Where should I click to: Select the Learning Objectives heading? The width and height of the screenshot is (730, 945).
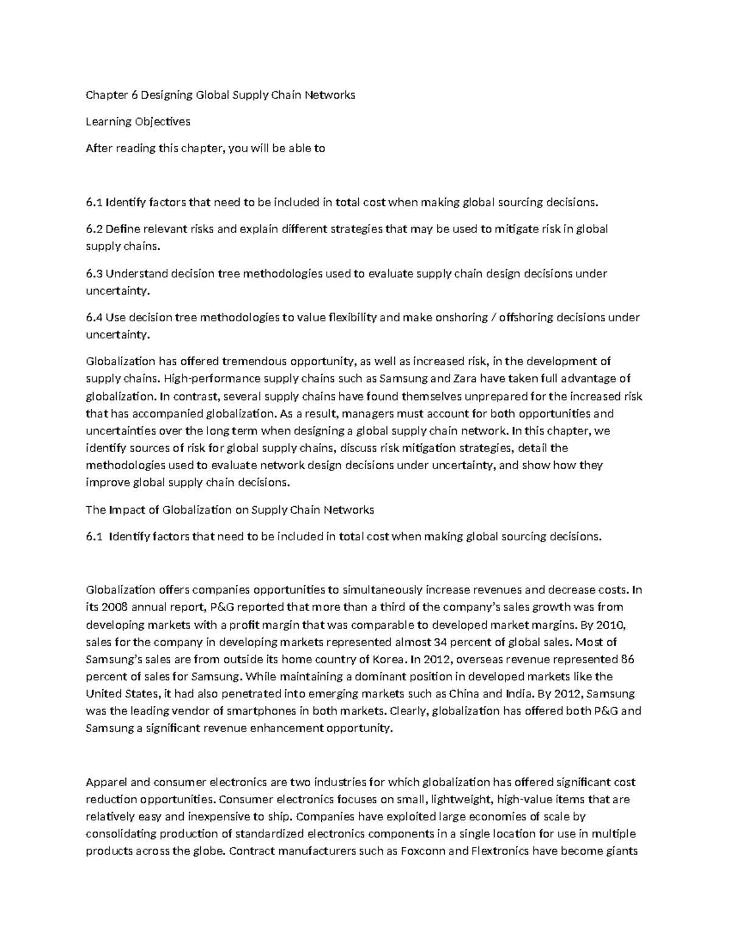pyautogui.click(x=137, y=122)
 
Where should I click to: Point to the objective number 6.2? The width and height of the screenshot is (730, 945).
pyautogui.click(x=94, y=229)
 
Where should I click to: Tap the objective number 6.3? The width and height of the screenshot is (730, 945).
pyautogui.click(x=94, y=274)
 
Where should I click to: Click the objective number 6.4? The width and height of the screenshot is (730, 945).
pyautogui.click(x=94, y=318)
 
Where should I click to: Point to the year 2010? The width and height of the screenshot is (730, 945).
pyautogui.click(x=613, y=624)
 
